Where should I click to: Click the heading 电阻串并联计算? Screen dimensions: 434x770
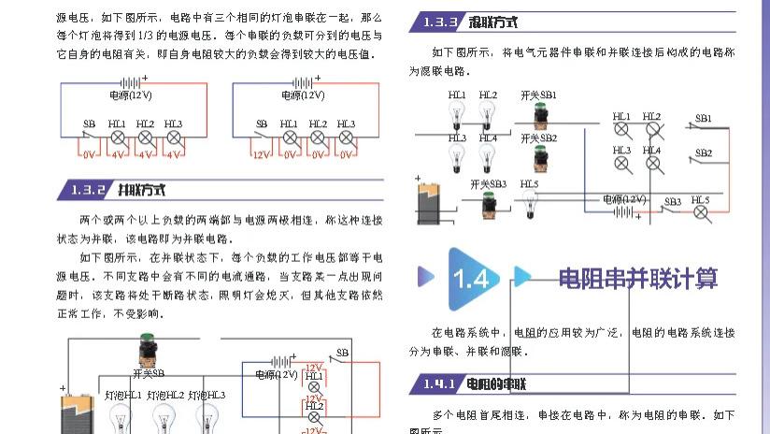pyautogui.click(x=638, y=279)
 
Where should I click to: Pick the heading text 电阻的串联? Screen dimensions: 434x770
pyautogui.click(x=496, y=383)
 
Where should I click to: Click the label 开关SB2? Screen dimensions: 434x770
pyautogui.click(x=539, y=138)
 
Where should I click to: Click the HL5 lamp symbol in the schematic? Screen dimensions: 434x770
pyautogui.click(x=702, y=213)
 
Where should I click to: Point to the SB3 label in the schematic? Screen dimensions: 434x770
pyautogui.click(x=672, y=201)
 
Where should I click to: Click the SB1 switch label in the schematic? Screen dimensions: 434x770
pyautogui.click(x=703, y=119)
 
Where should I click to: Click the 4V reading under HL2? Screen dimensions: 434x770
pyautogui.click(x=146, y=154)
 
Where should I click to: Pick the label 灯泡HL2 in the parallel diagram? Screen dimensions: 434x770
pyautogui.click(x=165, y=396)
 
